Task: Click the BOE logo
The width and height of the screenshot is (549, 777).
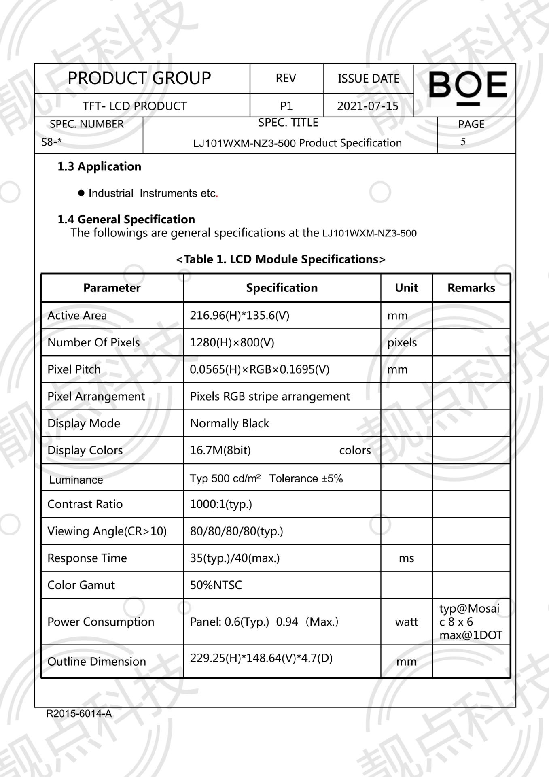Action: pyautogui.click(x=467, y=87)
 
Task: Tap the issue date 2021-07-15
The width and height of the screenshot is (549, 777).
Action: pyautogui.click(x=367, y=106)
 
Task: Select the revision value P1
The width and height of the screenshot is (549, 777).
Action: pyautogui.click(x=286, y=106)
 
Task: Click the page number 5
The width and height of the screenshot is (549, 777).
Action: pyautogui.click(x=463, y=142)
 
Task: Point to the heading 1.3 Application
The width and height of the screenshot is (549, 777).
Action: pyautogui.click(x=99, y=167)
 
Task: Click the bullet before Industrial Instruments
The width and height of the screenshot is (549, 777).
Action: pyautogui.click(x=81, y=193)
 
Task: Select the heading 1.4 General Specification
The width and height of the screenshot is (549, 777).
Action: pyautogui.click(x=126, y=219)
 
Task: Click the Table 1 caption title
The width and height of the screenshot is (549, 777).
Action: pyautogui.click(x=281, y=259)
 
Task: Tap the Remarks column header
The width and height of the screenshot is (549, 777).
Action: pyautogui.click(x=471, y=288)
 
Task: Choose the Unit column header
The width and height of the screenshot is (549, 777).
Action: pyautogui.click(x=406, y=288)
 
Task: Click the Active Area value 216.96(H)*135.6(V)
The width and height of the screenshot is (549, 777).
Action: pyautogui.click(x=240, y=316)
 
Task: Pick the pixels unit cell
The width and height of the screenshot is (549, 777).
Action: pyautogui.click(x=402, y=343)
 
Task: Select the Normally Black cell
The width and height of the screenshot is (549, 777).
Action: pyautogui.click(x=229, y=423)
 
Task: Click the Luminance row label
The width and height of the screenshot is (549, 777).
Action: pyautogui.click(x=76, y=480)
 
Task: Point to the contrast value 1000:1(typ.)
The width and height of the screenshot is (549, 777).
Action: pyautogui.click(x=221, y=504)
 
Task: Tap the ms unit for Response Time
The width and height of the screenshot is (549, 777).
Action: pyautogui.click(x=406, y=558)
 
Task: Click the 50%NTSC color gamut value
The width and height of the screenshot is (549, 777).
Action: pyautogui.click(x=216, y=585)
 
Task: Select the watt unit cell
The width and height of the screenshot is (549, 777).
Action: pyautogui.click(x=406, y=622)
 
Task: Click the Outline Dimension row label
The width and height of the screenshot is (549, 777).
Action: pyautogui.click(x=97, y=662)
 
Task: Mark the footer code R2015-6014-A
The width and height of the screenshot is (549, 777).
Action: pyautogui.click(x=79, y=713)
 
